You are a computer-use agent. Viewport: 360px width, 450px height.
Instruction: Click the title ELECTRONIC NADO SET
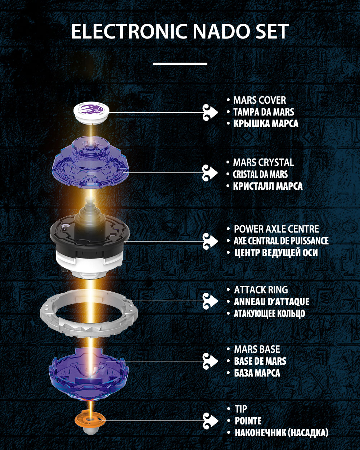pyautogui.click(x=180, y=32)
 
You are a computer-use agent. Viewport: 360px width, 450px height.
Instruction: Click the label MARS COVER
pyautogui.click(x=259, y=100)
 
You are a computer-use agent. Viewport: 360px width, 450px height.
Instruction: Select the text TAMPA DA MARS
pyautogui.click(x=264, y=112)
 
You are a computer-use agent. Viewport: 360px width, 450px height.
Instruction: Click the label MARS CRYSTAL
pyautogui.click(x=263, y=162)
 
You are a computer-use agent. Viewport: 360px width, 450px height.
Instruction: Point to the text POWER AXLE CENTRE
pyautogui.click(x=276, y=229)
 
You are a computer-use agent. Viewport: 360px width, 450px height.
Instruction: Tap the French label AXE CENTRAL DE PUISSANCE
pyautogui.click(x=281, y=241)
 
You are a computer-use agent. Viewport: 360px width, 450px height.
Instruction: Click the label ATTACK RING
pyautogui.click(x=261, y=290)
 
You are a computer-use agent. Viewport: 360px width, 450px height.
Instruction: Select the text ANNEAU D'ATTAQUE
pyautogui.click(x=271, y=302)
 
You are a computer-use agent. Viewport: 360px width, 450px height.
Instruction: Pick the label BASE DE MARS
pyautogui.click(x=260, y=361)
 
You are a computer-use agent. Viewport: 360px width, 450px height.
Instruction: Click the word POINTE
pyautogui.click(x=248, y=421)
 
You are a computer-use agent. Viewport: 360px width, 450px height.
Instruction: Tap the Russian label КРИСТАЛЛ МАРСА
pyautogui.click(x=267, y=186)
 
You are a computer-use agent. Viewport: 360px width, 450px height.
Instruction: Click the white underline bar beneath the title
pyautogui.click(x=180, y=63)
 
